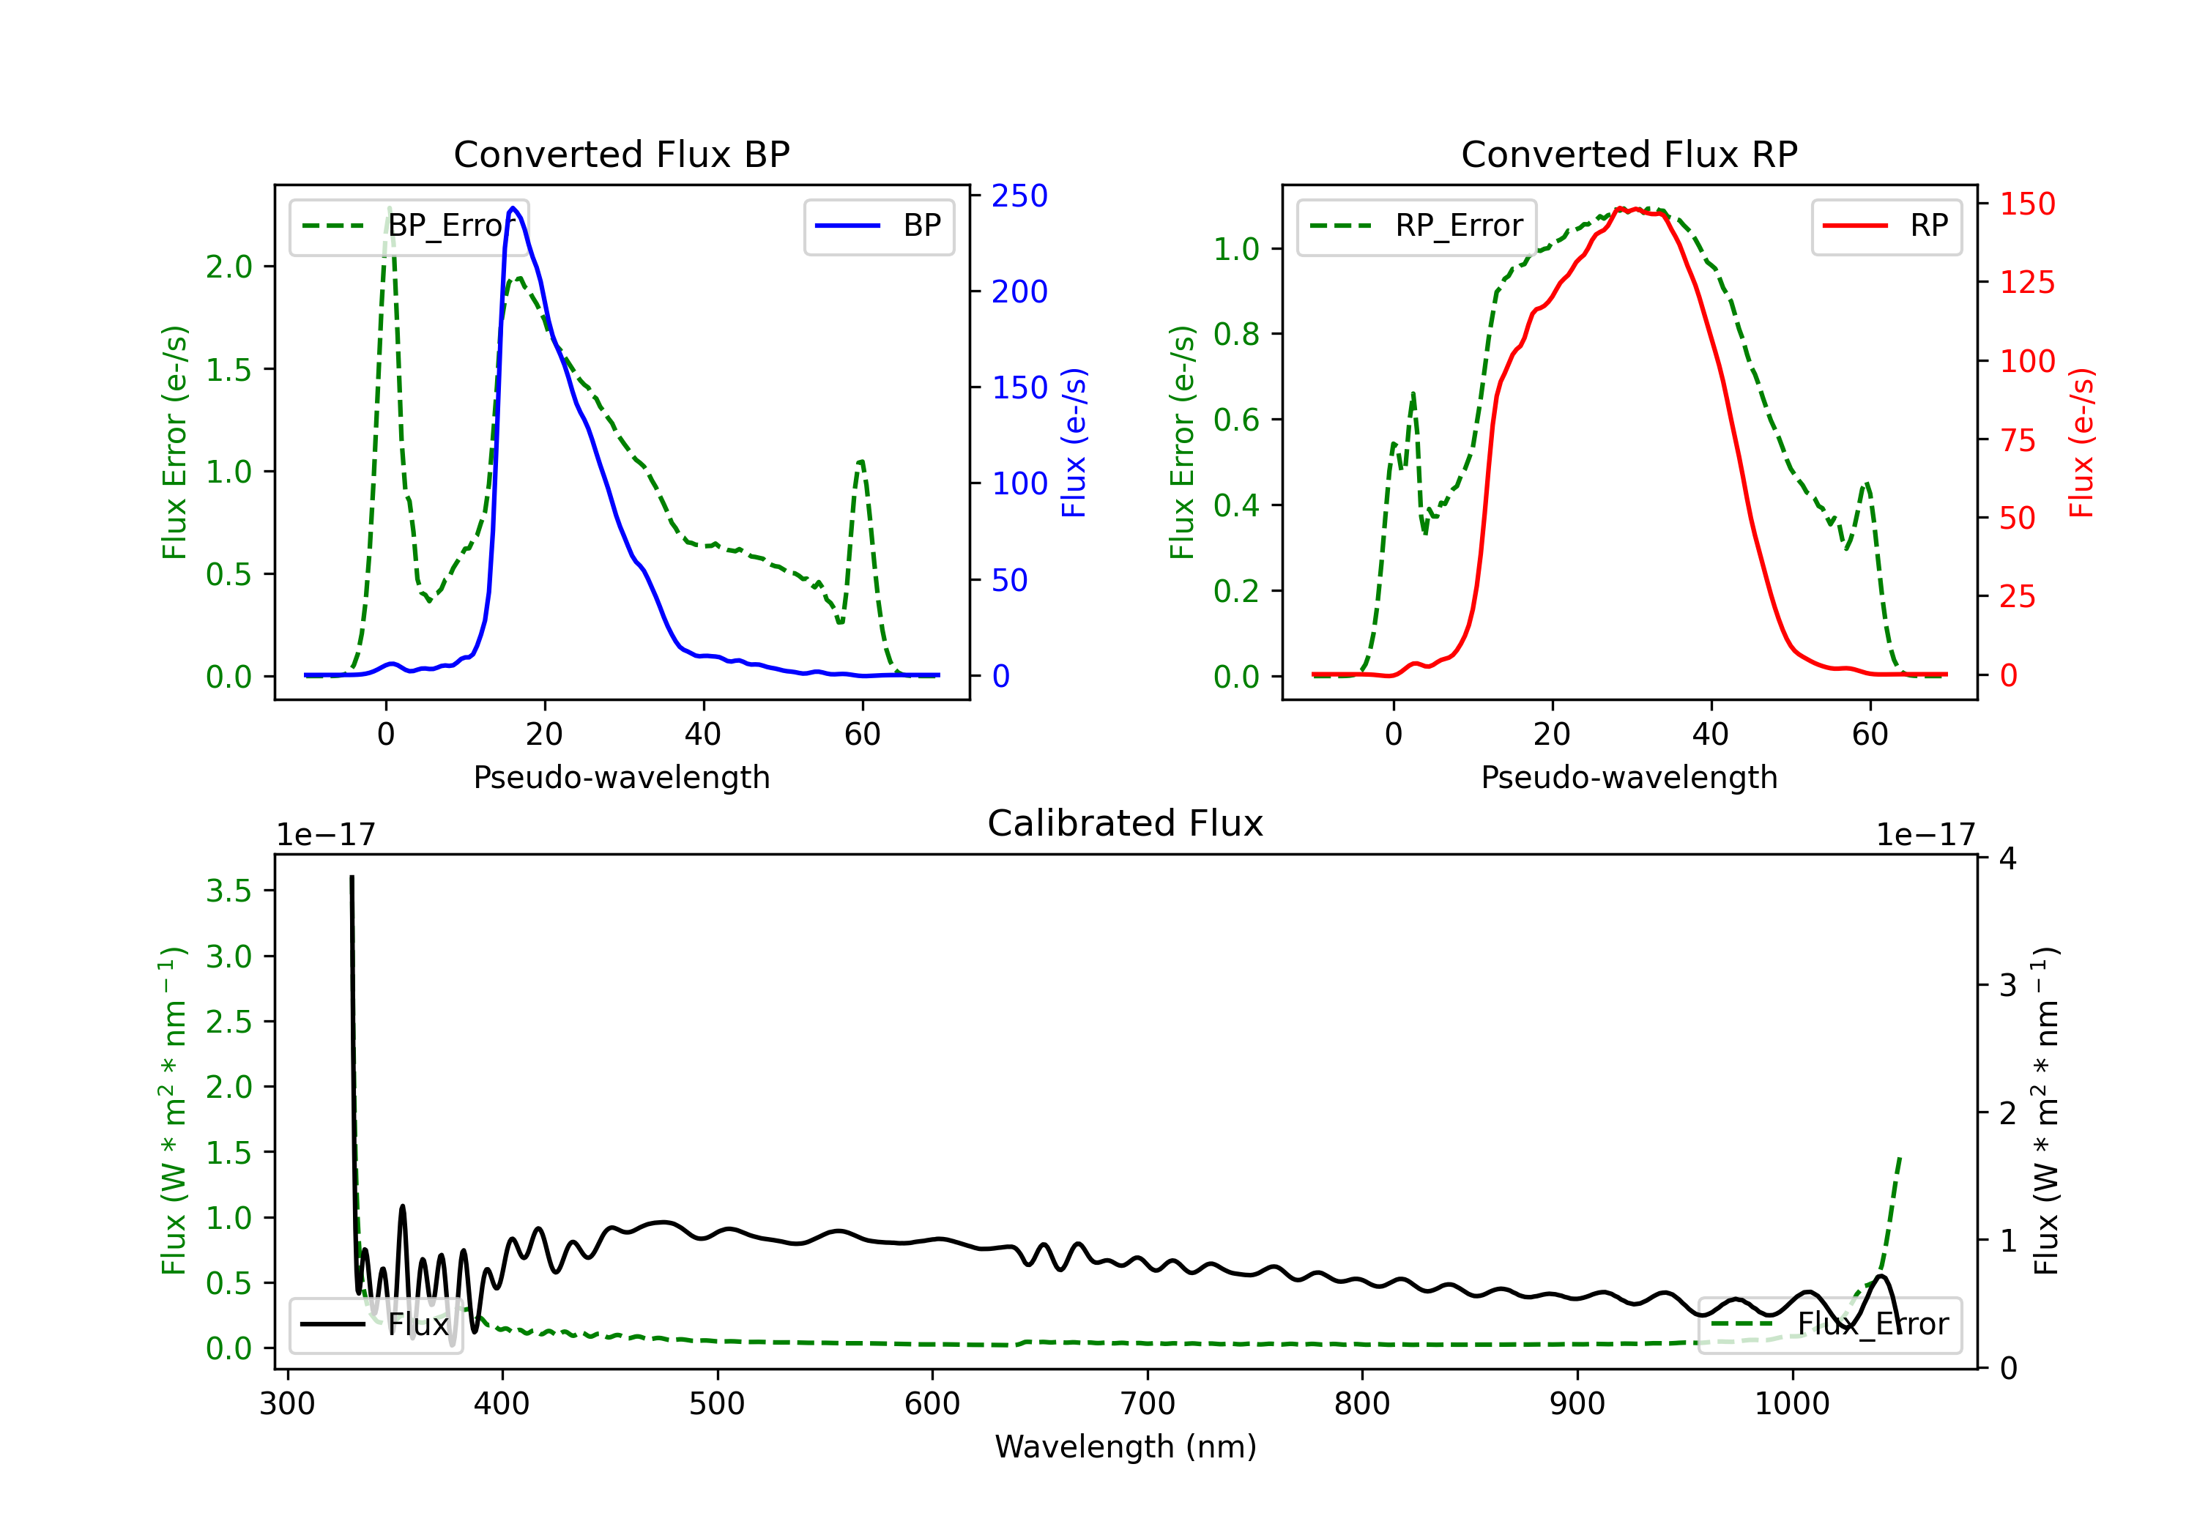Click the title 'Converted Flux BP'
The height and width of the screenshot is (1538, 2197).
point(621,154)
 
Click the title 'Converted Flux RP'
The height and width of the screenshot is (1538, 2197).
point(1629,154)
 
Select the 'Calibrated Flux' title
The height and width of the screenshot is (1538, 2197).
point(1126,823)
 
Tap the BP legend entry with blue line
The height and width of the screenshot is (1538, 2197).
point(878,226)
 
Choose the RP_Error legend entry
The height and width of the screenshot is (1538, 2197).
point(1416,226)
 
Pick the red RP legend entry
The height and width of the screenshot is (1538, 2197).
point(1886,226)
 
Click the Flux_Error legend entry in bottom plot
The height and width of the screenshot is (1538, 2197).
point(1829,1325)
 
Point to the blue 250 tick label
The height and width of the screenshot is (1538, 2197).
point(1019,196)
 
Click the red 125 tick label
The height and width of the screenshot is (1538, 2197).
point(2026,283)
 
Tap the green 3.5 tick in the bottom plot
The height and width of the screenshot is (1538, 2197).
point(228,891)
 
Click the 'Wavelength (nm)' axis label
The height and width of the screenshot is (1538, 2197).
point(1126,1447)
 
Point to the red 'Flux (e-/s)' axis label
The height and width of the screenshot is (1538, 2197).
point(2081,443)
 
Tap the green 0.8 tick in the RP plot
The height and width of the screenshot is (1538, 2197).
point(1236,334)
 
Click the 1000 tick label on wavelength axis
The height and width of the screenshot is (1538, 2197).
point(1791,1404)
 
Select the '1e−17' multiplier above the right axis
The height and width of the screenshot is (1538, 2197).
point(1925,836)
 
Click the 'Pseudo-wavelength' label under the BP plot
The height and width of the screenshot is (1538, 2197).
point(621,777)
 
